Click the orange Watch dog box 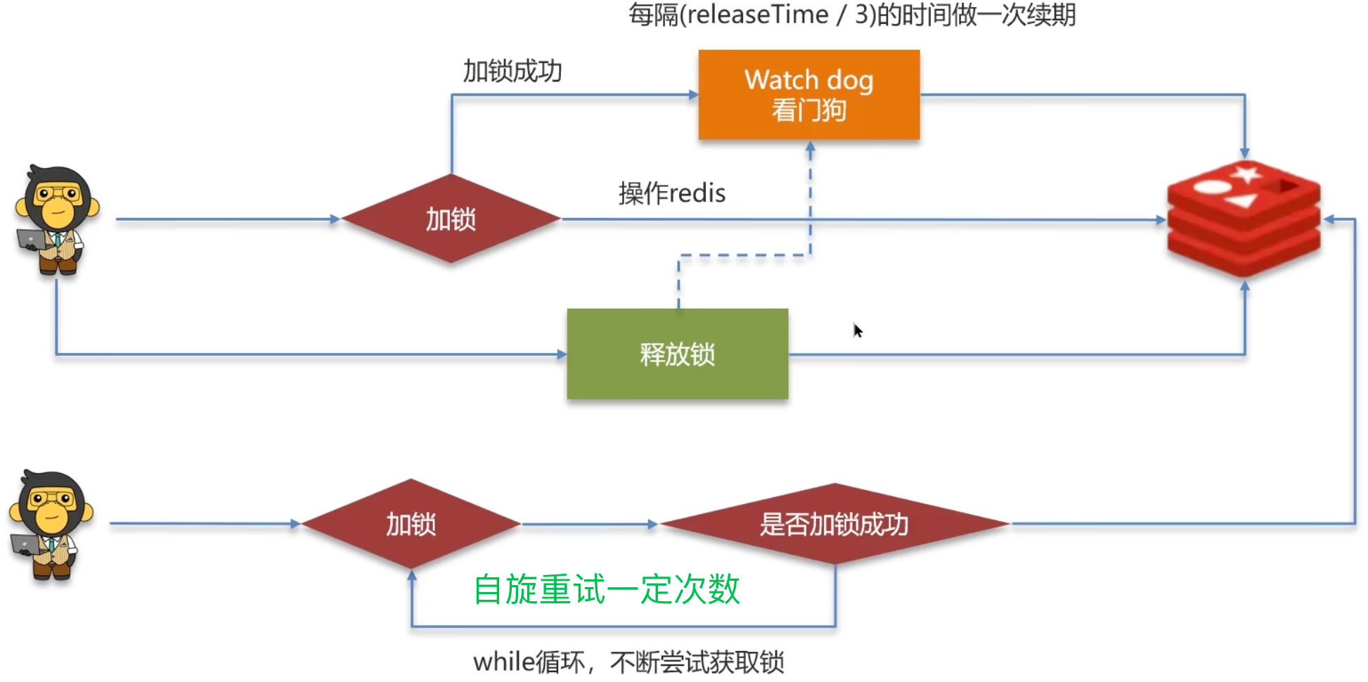pos(808,94)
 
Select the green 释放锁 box pos(677,354)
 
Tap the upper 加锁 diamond pos(451,219)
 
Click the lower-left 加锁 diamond pos(411,525)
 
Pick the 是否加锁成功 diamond pos(834,525)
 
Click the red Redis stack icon pos(1244,218)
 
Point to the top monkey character pos(56,218)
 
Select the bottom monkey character pos(51,524)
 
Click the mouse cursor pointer pos(858,330)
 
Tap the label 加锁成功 pos(512,71)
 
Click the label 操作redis pos(672,193)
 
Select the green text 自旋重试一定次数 pos(607,589)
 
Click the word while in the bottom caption pos(503,662)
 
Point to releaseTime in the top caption pos(758,15)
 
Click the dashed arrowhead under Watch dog pos(810,148)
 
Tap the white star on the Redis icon pos(1248,173)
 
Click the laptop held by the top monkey pos(31,239)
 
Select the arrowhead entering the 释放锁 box pos(562,354)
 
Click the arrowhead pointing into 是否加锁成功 pos(653,525)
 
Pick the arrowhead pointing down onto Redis pos(1244,153)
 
